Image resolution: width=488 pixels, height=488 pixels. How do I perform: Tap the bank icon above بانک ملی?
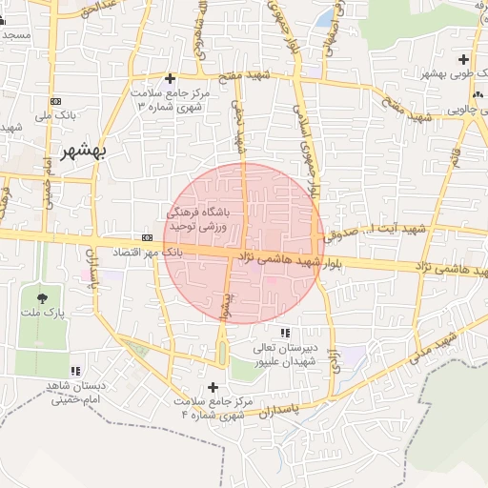click(54, 101)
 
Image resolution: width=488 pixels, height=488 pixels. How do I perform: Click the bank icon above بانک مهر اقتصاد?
click(147, 237)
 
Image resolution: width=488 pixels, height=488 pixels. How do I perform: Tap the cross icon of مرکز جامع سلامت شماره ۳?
click(171, 78)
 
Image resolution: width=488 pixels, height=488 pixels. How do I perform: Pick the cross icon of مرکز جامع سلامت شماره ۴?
click(213, 387)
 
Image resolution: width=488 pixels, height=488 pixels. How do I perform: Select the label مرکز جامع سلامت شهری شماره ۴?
click(212, 409)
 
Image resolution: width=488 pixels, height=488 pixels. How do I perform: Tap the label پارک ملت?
click(41, 314)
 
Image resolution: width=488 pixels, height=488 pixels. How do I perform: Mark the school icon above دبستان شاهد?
click(75, 370)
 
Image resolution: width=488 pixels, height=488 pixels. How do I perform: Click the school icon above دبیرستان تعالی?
click(285, 332)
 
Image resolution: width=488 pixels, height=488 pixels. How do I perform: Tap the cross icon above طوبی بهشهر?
click(463, 59)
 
